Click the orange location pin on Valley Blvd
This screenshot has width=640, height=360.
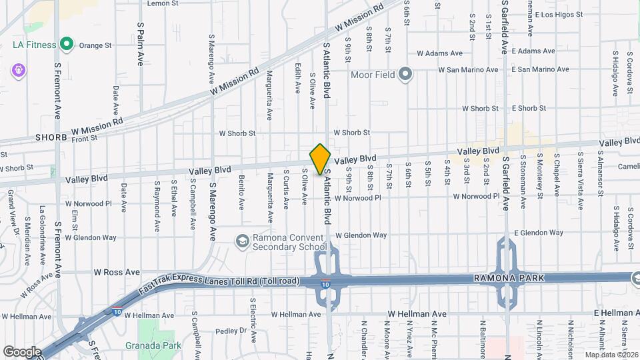coord(320,159)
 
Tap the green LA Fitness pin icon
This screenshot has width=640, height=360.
coord(66,45)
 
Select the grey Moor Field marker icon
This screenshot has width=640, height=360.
coord(405,75)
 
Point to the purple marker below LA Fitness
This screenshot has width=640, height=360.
coord(18,69)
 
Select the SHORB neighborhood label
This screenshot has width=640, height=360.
coord(51,137)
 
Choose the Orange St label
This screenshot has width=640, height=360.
coord(95,45)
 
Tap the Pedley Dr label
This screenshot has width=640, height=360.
coord(231,331)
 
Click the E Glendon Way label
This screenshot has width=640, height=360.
coord(539,233)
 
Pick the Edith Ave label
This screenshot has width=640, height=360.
coord(297,79)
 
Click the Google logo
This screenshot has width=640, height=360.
coord(21,351)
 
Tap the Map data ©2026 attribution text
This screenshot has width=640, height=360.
coord(611,355)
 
